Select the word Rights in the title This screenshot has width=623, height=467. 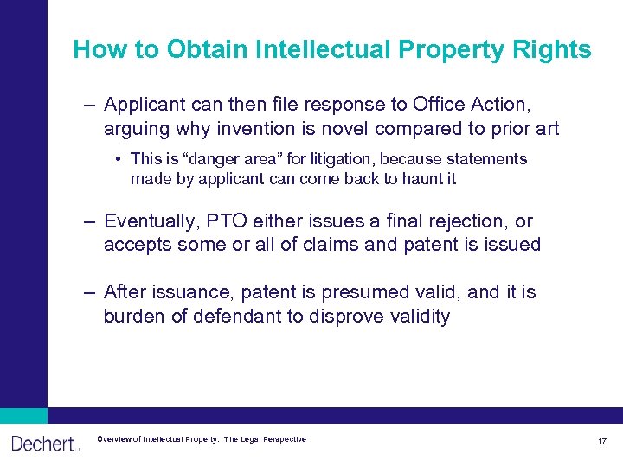tap(556, 49)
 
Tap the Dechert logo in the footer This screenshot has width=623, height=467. tap(43, 444)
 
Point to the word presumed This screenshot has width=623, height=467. tap(339, 292)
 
